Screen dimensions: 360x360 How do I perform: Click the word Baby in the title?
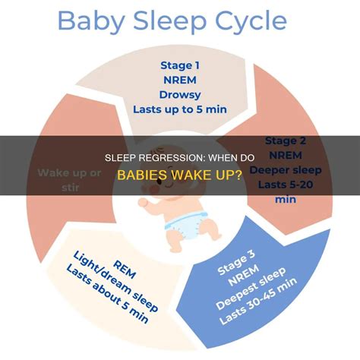click(89, 23)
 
